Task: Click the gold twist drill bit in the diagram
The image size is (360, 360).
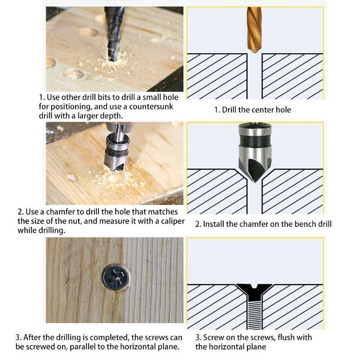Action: click(254, 30)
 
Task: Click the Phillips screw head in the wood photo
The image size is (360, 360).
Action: click(116, 278)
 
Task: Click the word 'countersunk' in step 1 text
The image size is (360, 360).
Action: click(151, 107)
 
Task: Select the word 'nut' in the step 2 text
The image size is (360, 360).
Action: click(74, 221)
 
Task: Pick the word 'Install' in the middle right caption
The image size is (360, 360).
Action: click(213, 224)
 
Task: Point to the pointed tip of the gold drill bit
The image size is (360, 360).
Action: click(254, 53)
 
